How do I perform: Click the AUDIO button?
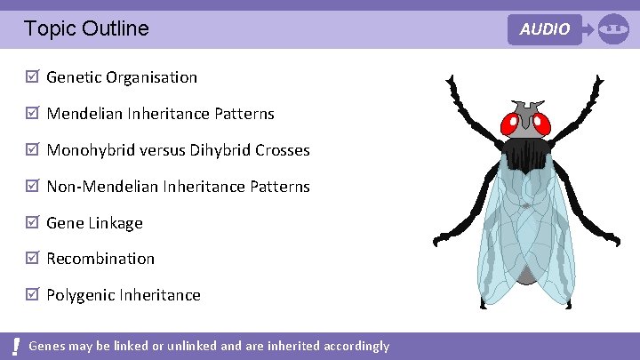tap(545, 29)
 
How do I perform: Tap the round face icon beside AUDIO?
tap(613, 29)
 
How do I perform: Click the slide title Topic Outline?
tap(86, 28)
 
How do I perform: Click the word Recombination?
tap(100, 259)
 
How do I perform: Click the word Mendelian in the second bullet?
tap(84, 114)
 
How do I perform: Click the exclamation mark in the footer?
tap(17, 346)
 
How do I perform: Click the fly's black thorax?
tap(528, 154)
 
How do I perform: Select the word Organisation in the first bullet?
tap(151, 77)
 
